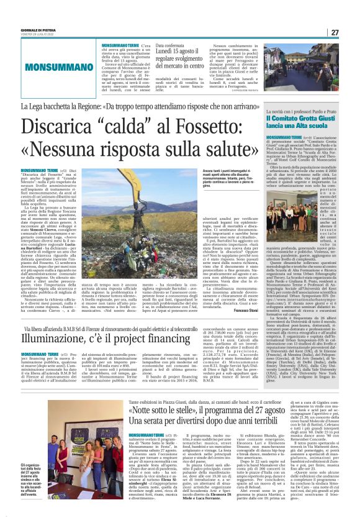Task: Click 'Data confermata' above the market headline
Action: [170, 45]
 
